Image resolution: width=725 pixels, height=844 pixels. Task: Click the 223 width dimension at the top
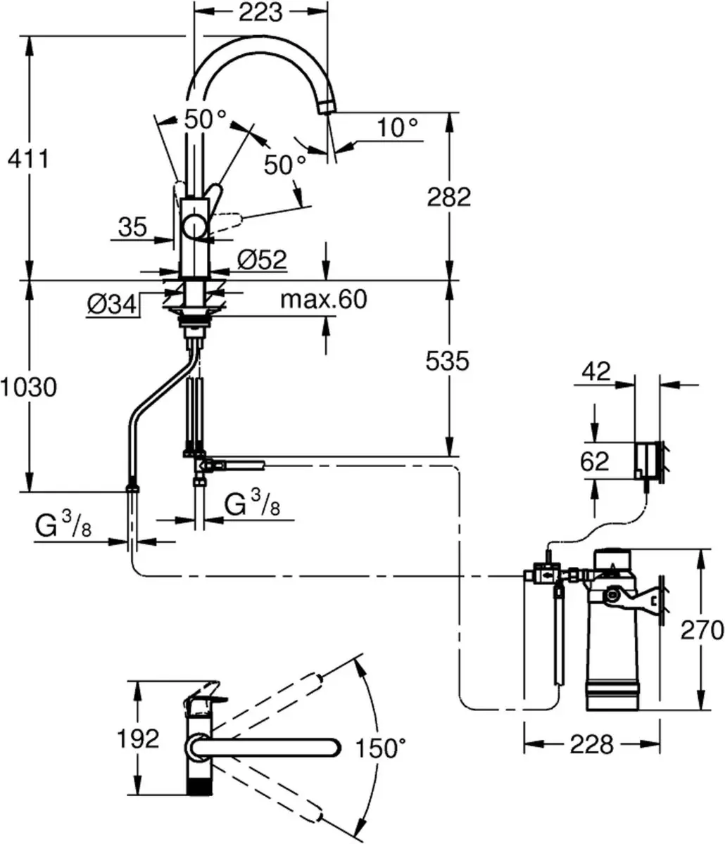pyautogui.click(x=260, y=12)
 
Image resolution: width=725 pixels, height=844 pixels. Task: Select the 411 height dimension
pyautogui.click(x=28, y=159)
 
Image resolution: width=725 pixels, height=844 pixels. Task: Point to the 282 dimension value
pyautogui.click(x=449, y=197)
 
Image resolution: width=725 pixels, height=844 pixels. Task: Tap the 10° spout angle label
pyautogui.click(x=397, y=127)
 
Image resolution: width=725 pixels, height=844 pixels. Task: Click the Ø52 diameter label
pyautogui.click(x=262, y=260)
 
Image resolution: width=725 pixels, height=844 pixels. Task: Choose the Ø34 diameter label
pyautogui.click(x=112, y=305)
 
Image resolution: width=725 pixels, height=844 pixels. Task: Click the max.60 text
pyautogui.click(x=323, y=300)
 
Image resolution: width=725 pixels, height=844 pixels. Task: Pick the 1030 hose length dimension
pyautogui.click(x=29, y=387)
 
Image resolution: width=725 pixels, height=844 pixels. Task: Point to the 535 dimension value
pyautogui.click(x=447, y=361)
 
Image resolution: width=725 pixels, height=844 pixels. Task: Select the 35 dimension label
pyautogui.click(x=132, y=227)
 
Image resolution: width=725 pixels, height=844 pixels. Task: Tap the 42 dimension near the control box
pyautogui.click(x=596, y=371)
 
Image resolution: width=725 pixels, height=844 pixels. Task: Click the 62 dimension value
pyautogui.click(x=595, y=461)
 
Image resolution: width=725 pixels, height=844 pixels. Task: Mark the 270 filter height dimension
pyautogui.click(x=702, y=630)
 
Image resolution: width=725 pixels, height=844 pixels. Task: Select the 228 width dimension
pyautogui.click(x=592, y=744)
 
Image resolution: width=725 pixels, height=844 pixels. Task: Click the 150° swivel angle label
pyautogui.click(x=381, y=748)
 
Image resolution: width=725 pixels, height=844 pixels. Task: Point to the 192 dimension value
pyautogui.click(x=138, y=738)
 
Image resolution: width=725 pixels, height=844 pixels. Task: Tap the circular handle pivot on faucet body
pyautogui.click(x=196, y=227)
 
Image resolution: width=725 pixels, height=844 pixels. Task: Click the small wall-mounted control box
pyautogui.click(x=648, y=460)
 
